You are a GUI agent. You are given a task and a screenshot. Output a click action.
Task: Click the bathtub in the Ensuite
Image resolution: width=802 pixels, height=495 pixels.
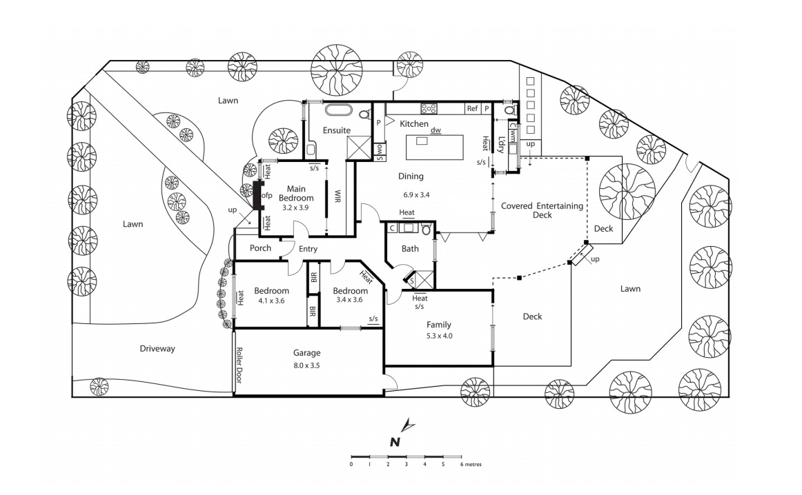pos(339,110)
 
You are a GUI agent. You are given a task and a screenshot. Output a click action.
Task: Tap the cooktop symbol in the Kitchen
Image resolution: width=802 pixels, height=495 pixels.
pos(429,108)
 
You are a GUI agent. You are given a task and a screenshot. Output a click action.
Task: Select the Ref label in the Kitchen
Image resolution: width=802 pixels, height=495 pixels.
pos(472,108)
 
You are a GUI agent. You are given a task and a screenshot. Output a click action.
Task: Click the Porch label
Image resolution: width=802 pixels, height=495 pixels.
pos(260,248)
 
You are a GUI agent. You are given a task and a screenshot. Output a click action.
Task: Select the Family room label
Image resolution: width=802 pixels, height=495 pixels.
pos(438,324)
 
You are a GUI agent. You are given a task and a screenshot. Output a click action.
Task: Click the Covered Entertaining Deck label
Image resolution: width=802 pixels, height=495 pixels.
pos(542,210)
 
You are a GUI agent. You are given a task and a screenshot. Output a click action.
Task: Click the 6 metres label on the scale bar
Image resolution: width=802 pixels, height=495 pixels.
pos(472,465)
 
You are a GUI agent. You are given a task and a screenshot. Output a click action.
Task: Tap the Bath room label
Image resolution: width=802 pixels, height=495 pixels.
pos(410,248)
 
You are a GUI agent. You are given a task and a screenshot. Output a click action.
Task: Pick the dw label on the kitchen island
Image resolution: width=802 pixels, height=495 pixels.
pos(436,130)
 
